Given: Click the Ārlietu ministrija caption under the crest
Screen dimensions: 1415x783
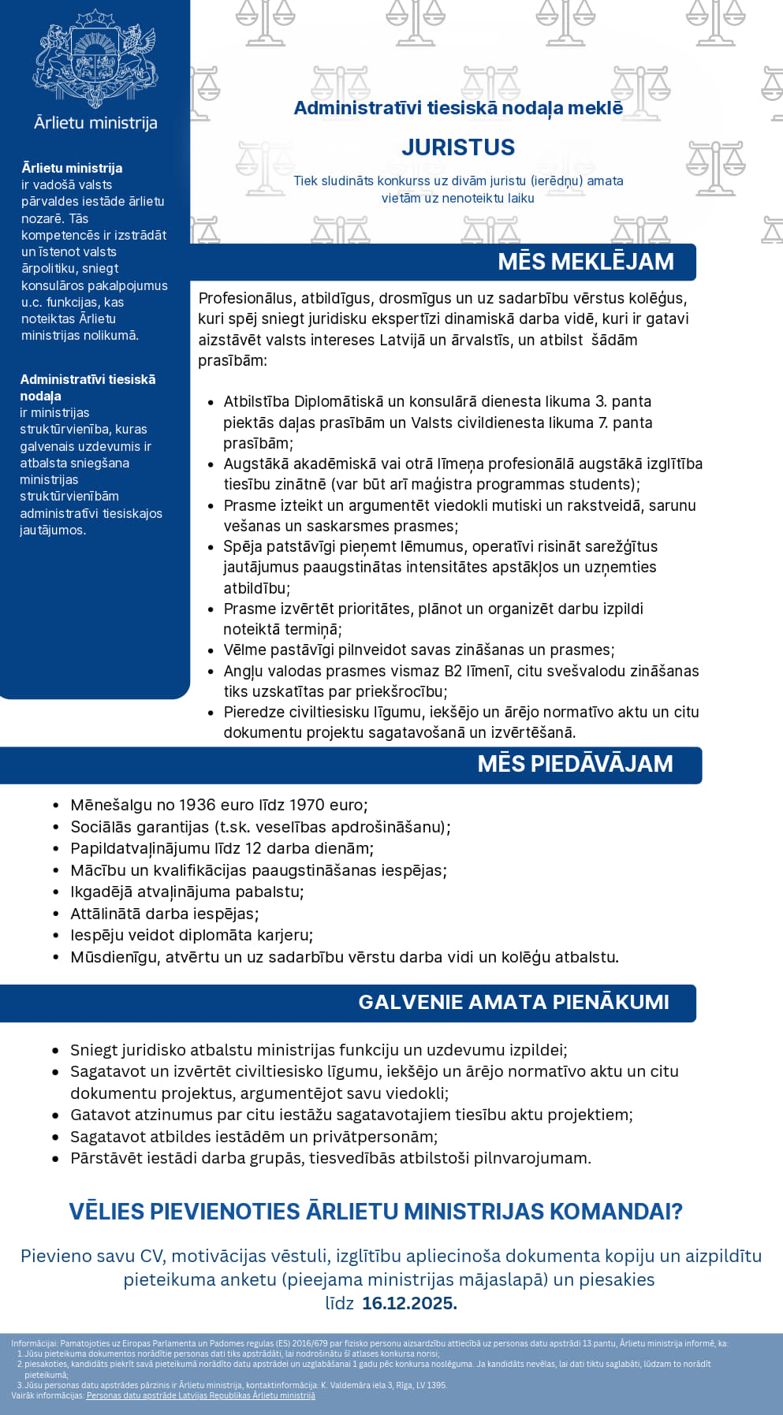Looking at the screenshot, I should (x=95, y=123).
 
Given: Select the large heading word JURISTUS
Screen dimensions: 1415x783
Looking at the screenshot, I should (x=458, y=147).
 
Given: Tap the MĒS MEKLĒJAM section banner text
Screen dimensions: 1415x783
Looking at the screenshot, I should (x=585, y=262).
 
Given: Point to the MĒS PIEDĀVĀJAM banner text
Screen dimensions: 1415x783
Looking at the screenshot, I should (x=575, y=764).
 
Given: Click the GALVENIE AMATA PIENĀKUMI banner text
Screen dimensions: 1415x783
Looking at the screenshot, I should (x=513, y=1002).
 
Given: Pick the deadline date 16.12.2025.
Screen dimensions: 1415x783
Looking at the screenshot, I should (x=409, y=1303).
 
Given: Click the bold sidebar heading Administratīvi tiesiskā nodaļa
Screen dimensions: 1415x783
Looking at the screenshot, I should (x=88, y=387).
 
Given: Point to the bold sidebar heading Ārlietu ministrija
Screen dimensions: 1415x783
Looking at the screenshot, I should (x=72, y=168).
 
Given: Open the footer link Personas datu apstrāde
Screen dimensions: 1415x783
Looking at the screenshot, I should (x=200, y=1395).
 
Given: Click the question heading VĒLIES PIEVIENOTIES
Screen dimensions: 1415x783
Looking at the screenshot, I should (x=375, y=1212).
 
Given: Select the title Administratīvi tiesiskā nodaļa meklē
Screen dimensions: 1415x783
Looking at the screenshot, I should (x=458, y=108).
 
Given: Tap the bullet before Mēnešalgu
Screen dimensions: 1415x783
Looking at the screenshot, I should (x=56, y=806).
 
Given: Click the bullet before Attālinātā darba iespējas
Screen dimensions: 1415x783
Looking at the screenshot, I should (x=56, y=914).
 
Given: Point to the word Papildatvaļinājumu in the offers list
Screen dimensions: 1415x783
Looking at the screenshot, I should (x=142, y=848).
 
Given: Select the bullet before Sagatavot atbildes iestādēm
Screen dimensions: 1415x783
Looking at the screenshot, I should (x=56, y=1138).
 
